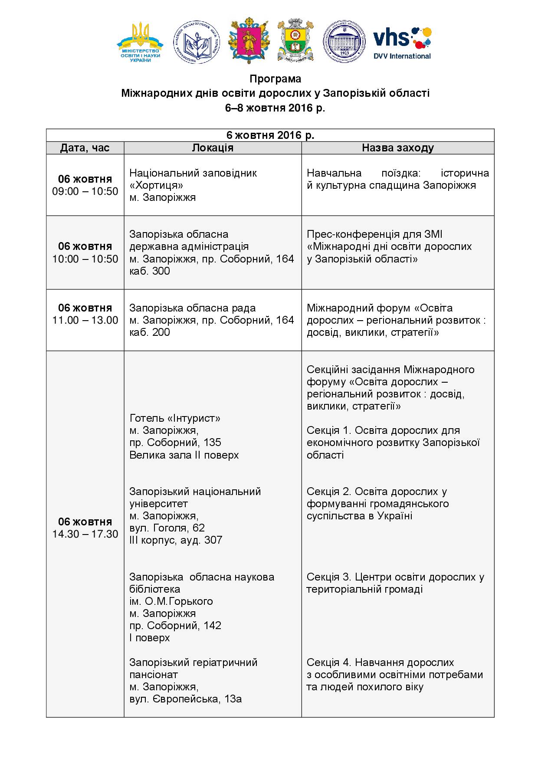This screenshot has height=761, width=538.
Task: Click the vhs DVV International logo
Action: coord(402,43)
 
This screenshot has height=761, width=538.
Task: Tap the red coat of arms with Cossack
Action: coord(249,42)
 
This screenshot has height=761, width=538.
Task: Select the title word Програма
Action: coord(275,79)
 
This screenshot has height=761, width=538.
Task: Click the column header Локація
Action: coord(213,148)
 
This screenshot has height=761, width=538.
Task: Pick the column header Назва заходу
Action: coord(398,148)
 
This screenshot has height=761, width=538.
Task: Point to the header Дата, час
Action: coord(85,148)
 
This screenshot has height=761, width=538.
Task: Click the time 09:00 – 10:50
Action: coord(85,191)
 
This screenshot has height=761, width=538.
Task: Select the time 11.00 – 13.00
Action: coord(85,320)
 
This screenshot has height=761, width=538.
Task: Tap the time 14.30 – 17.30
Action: coord(85,534)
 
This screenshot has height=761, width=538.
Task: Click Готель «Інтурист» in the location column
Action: coord(175,418)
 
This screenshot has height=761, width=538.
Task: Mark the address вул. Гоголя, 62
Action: coord(167,528)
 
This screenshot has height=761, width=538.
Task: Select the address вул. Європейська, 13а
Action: coord(186,699)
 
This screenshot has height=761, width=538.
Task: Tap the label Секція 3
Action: coord(328,577)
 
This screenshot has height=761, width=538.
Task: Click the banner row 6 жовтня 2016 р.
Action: coord(270,135)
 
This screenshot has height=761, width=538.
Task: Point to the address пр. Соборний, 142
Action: coord(175,626)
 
